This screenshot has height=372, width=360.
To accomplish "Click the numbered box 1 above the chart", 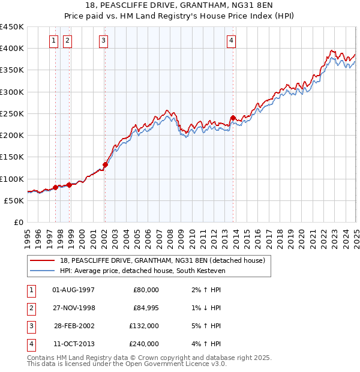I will pos(53,41).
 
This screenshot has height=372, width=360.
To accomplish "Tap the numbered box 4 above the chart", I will pos(231,41).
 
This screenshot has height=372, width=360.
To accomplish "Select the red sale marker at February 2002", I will pos(105,164).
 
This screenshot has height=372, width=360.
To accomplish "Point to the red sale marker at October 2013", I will pos(233,118).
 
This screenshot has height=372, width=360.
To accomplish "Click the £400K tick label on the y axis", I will pos(12,49).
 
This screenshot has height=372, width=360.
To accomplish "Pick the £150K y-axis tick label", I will pos(12,157).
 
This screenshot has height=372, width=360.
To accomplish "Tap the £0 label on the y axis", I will pos(18,223).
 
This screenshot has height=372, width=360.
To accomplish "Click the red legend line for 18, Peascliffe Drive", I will pos(43,260).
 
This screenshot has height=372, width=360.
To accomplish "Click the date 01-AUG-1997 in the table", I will pos(74,290).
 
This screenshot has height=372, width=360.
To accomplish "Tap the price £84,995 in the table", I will pos(144,308).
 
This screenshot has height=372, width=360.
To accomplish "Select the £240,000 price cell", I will pos(145,344).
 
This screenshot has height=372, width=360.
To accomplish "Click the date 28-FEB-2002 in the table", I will pos(74,326).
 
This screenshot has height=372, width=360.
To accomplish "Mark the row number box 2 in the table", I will pos(30,308).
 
